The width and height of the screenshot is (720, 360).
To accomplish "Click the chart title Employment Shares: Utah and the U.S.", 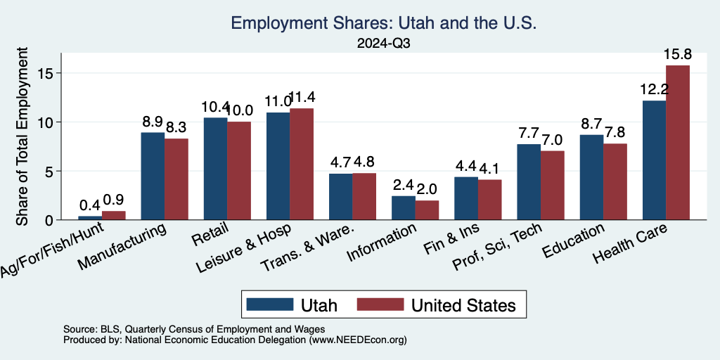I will pyautogui.click(x=383, y=24).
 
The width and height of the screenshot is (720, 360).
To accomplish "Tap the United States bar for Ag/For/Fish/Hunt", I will pyautogui.click(x=114, y=215).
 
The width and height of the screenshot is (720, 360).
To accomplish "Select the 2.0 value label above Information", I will pyautogui.click(x=427, y=189).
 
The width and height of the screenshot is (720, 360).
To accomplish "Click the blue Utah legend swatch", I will pyautogui.click(x=269, y=304).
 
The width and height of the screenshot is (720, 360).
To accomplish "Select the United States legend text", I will pyautogui.click(x=463, y=305).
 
